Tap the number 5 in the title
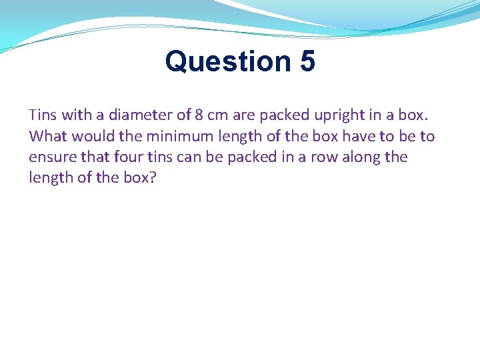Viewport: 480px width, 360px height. point(307,62)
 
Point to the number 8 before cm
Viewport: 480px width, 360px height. point(199,115)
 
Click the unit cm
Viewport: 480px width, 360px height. point(218,115)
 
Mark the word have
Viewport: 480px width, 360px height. point(363,136)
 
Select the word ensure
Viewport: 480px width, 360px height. point(51,157)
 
